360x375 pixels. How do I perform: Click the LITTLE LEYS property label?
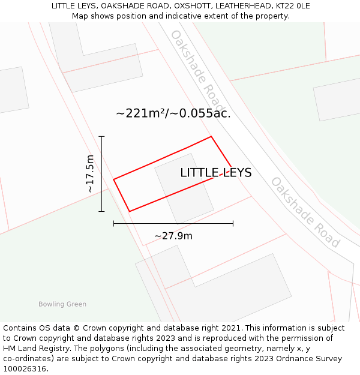coord(216,173)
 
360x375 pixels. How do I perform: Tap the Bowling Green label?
coord(62,304)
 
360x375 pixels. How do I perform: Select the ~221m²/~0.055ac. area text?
coord(173,113)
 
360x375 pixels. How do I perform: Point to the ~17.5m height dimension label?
coord(90,174)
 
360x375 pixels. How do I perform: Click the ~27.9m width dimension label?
coord(173,236)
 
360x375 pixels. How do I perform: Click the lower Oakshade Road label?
coord(305,212)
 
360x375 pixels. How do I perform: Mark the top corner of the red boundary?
coord(211,137)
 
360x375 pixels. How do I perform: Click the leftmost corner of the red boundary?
coord(114,179)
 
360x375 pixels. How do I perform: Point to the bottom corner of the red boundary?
coord(130,211)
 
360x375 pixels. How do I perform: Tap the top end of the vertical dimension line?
coord(102,137)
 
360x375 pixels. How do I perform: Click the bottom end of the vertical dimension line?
coord(102,211)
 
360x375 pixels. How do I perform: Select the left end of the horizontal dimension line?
coord(114,224)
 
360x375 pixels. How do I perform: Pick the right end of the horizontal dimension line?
coord(233,224)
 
